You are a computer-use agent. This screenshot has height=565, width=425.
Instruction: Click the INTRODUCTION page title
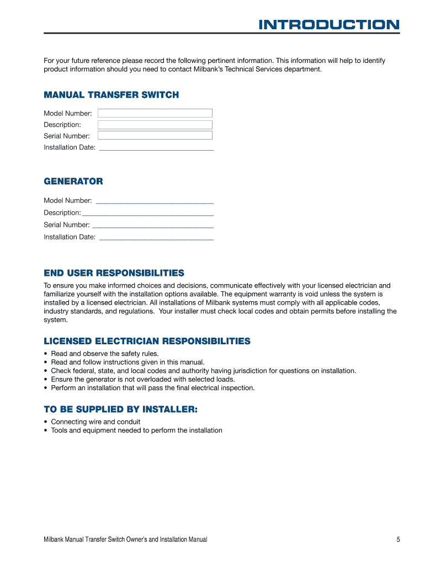click(329, 25)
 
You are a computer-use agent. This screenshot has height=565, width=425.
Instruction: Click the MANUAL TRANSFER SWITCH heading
click(111, 95)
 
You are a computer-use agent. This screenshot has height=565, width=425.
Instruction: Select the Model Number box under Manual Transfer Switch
click(155, 113)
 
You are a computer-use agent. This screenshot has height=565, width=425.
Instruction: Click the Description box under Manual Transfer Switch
click(155, 125)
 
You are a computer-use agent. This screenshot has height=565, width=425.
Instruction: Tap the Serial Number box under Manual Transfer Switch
click(155, 135)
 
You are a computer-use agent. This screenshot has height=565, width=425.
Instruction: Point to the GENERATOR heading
click(73, 182)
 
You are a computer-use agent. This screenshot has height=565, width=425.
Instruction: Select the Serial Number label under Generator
click(66, 225)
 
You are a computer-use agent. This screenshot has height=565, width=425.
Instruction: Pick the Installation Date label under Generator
click(70, 237)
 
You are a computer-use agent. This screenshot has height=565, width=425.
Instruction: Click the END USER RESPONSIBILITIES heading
click(114, 273)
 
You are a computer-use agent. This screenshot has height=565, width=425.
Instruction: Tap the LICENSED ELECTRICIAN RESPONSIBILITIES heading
click(147, 341)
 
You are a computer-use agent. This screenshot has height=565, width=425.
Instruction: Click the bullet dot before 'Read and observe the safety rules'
click(45, 354)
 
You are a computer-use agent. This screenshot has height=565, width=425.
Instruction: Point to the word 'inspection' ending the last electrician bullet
click(237, 388)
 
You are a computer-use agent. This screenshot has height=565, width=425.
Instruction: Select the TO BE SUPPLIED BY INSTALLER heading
click(120, 409)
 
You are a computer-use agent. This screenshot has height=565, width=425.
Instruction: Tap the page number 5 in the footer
click(398, 540)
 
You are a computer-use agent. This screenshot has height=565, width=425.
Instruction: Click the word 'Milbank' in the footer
click(55, 540)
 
